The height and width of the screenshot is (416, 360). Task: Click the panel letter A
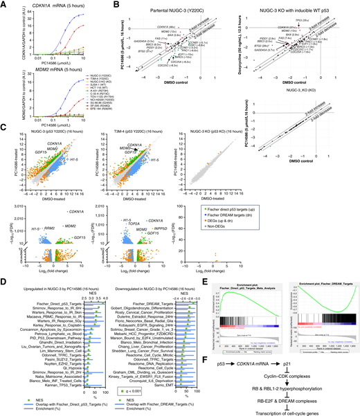pyautogui.click(x=3, y=4)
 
